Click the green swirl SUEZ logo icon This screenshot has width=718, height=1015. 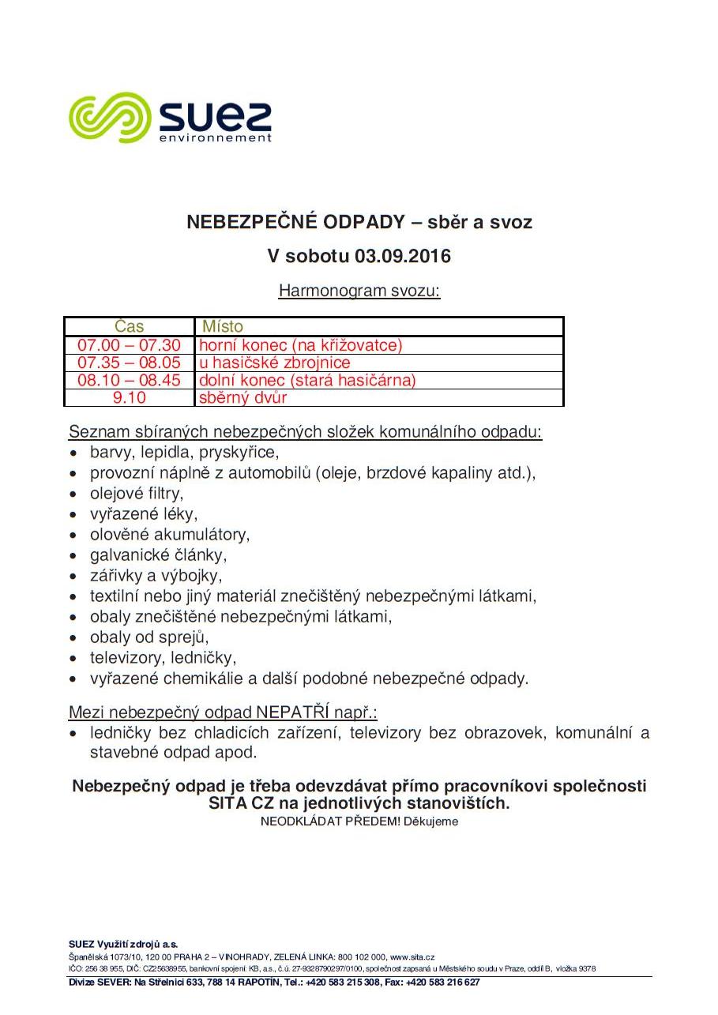click(x=110, y=117)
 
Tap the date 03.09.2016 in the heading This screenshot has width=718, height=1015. click(x=402, y=257)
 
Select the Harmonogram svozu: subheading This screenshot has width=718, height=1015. click(x=359, y=291)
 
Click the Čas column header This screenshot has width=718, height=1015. click(x=130, y=326)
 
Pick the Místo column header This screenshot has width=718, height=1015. click(x=223, y=326)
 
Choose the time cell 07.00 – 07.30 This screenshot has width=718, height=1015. click(x=130, y=345)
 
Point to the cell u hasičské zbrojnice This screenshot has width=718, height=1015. click(x=274, y=363)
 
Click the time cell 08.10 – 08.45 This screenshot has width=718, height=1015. click(x=130, y=380)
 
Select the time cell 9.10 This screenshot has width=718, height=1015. click(x=130, y=397)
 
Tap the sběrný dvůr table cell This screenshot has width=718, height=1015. click(x=242, y=397)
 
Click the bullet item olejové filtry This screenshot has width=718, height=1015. click(x=137, y=494)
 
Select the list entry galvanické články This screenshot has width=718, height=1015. click(x=158, y=555)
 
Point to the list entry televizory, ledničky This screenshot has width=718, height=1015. click(x=164, y=658)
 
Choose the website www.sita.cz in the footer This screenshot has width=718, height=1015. click(x=412, y=957)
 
